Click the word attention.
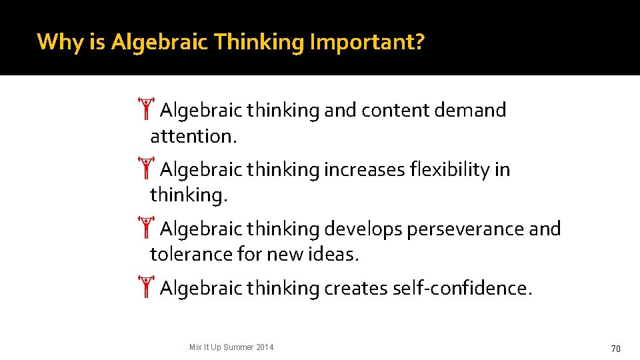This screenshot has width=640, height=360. [193, 137]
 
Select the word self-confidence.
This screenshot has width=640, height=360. [463, 289]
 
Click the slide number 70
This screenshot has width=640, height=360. [615, 348]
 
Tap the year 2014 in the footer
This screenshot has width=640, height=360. [264, 347]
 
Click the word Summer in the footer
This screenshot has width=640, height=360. [238, 347]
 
